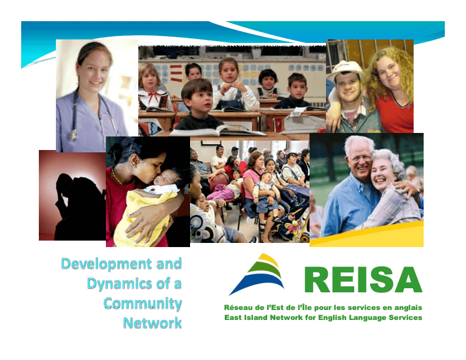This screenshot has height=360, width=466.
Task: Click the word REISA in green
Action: click(363, 279)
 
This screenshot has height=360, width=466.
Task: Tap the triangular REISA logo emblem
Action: click(257, 275)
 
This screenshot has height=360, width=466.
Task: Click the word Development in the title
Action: click(106, 264)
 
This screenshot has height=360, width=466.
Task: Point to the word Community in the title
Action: click(142, 304)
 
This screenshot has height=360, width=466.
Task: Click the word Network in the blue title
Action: click(152, 323)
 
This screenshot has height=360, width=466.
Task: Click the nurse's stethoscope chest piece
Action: click(73, 135)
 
